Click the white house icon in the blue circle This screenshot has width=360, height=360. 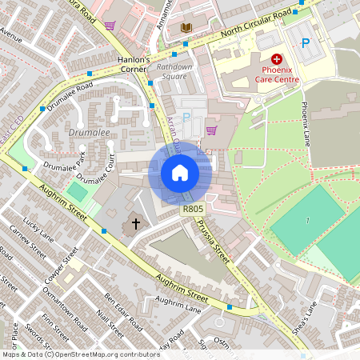pos(180,173)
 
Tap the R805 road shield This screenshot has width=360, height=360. pos(191,210)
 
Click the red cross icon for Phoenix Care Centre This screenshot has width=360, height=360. pos(277,58)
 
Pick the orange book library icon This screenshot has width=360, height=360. pos(186,29)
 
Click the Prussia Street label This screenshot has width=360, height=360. pos(215,241)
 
